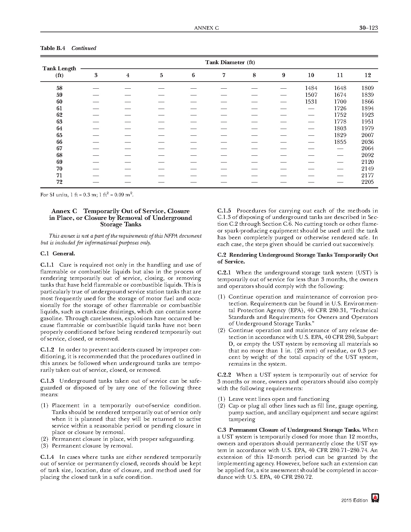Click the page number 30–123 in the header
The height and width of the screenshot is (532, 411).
tap(368, 28)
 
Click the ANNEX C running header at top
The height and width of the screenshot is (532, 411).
tap(206, 28)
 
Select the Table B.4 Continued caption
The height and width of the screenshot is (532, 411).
tap(68, 48)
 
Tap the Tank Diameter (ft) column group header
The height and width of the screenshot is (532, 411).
tap(230, 62)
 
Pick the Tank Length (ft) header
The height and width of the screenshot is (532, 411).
tap(59, 72)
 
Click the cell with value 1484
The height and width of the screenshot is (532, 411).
tap(311, 88)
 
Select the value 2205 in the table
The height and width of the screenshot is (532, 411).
tap(367, 182)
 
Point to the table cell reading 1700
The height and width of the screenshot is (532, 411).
tap(340, 102)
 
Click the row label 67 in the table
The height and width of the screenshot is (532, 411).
tap(59, 148)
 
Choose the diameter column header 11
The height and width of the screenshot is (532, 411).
tap(340, 75)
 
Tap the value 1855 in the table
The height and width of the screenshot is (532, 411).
tap(340, 142)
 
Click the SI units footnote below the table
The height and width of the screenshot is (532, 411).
tap(87, 195)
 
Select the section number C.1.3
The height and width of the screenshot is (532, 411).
tap(47, 381)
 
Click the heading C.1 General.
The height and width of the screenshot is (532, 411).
tap(58, 253)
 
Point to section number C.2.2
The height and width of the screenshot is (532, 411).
tap(224, 375)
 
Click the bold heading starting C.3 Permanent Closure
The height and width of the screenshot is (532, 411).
tap(289, 430)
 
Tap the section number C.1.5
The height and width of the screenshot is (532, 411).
tap(224, 211)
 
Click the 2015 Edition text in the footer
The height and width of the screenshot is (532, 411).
tap(355, 500)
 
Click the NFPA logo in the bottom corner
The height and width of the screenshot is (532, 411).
tap(375, 498)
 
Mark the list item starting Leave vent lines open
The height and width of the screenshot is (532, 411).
tap(279, 399)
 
